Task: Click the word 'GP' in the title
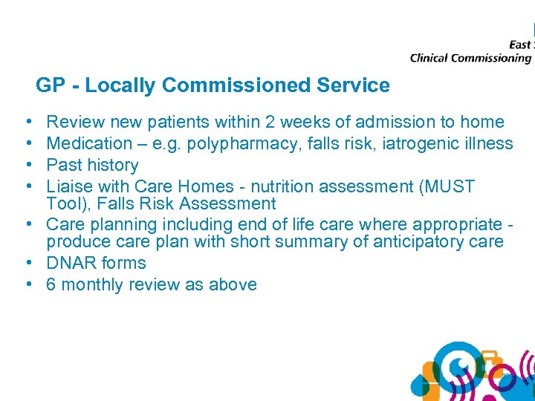pos(50,86)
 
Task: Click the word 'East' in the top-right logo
pos(519,45)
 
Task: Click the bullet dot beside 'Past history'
pos(27,165)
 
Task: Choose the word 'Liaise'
pos(71,186)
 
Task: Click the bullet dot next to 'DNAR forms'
pos(27,263)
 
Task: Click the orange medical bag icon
pos(490,365)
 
